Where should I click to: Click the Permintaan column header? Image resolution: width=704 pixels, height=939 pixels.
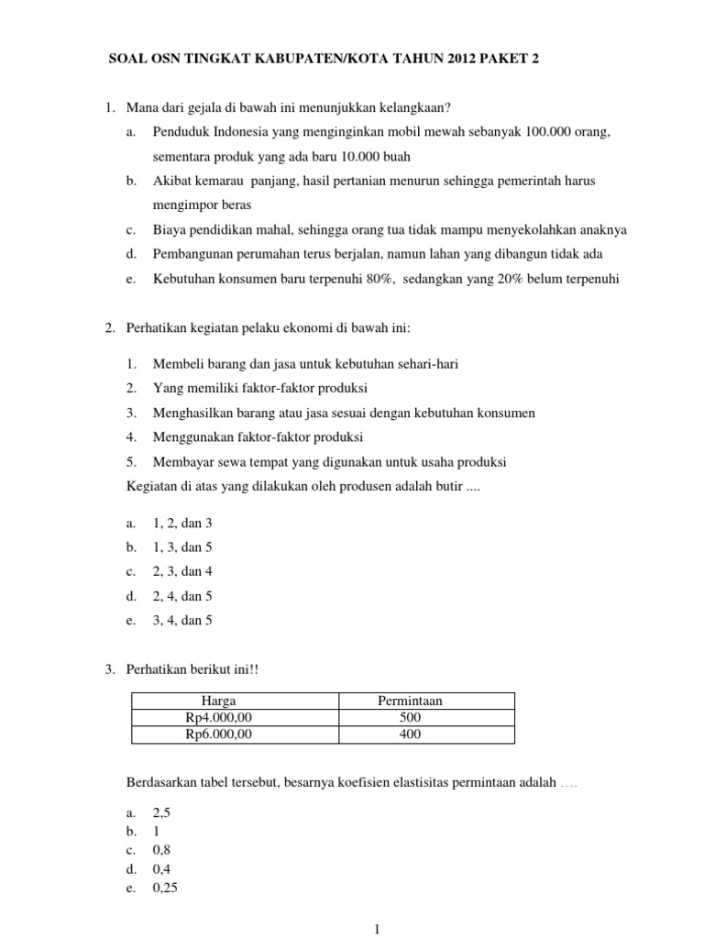tap(410, 701)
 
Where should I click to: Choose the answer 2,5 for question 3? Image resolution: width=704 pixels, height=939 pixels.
tap(161, 812)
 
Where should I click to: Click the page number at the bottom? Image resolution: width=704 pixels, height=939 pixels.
tap(377, 930)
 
